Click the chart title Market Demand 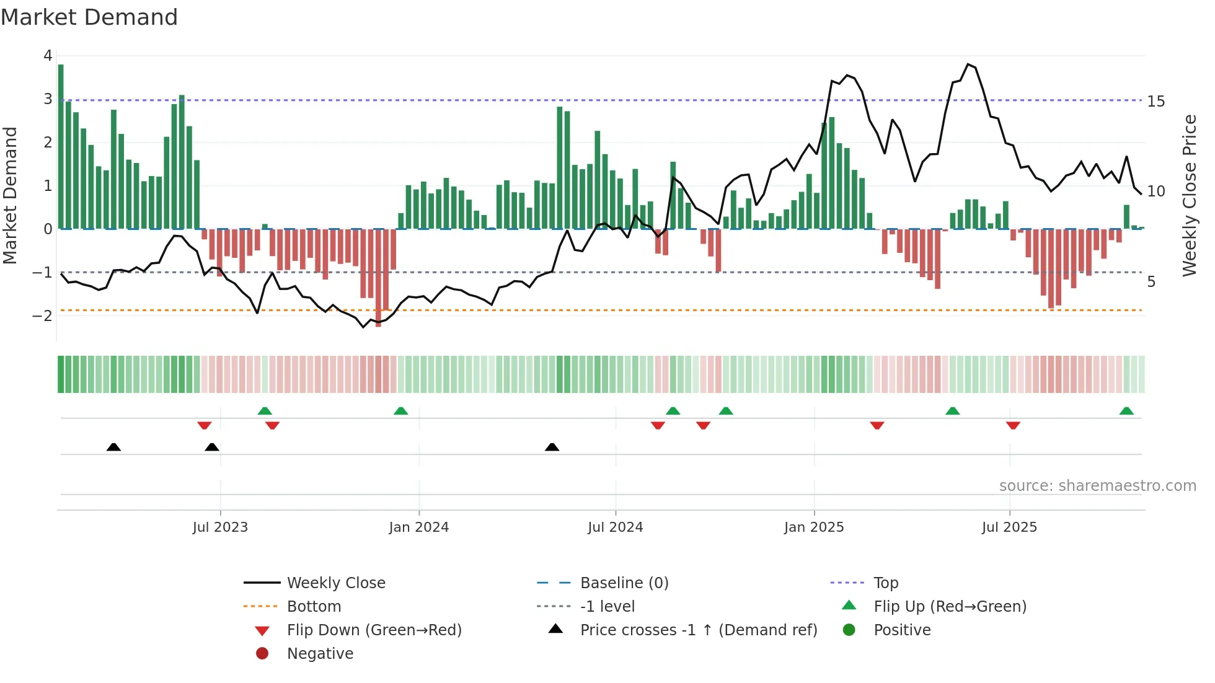coord(89,17)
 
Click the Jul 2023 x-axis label coord(220,527)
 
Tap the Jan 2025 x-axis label coord(813,527)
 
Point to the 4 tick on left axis coord(48,56)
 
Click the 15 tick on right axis coord(1155,101)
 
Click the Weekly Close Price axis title coord(1189,195)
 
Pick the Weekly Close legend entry coord(335,583)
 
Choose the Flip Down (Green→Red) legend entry coord(374,630)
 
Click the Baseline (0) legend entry coord(624,583)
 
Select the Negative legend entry coord(320,654)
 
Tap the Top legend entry coord(885,583)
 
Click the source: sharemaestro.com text coord(1097,486)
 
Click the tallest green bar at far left coord(61,146)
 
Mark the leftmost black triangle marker coord(113,447)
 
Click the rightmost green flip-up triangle coord(1126,411)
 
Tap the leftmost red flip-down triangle coord(204,425)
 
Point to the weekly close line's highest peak coord(968,64)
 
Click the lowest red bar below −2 coord(378,279)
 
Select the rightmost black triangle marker coord(552,447)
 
